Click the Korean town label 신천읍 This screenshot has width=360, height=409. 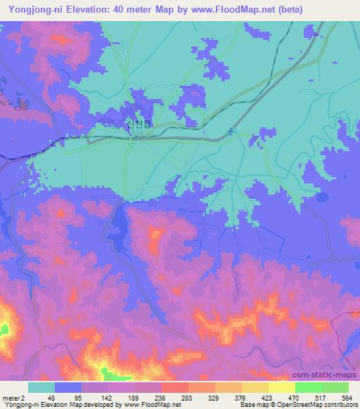pos(139,124)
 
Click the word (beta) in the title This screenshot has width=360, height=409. pos(337,10)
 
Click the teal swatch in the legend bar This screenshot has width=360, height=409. pos(41,387)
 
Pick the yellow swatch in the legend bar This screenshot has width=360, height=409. pos(281,387)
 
